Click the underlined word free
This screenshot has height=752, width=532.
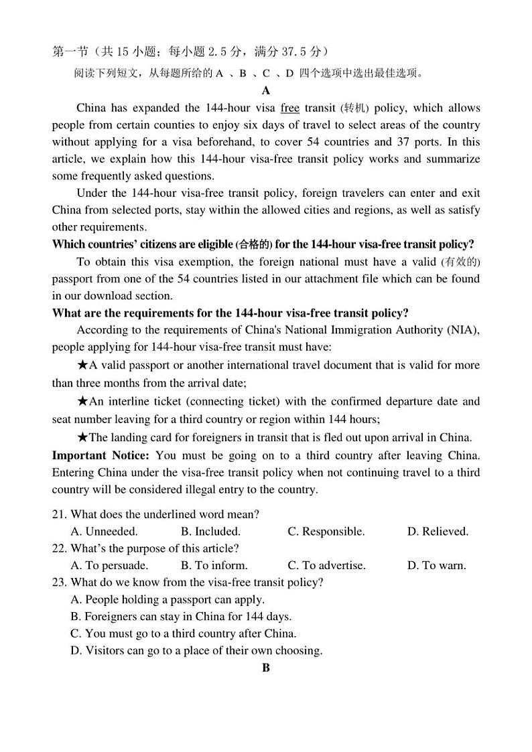tap(289, 108)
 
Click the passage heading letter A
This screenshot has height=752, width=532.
tap(266, 90)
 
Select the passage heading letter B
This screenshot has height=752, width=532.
tap(266, 668)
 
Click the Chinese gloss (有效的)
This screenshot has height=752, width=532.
tap(460, 262)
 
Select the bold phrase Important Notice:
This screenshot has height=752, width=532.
tap(100, 455)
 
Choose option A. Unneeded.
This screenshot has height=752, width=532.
tap(104, 532)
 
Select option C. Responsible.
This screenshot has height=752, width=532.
tap(326, 532)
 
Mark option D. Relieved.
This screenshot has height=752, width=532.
tap(438, 532)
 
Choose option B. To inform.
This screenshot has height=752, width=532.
tap(214, 565)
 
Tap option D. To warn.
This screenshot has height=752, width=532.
tap(436, 565)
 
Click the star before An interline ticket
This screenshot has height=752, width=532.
tap(82, 402)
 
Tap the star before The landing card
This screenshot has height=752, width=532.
tap(82, 438)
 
